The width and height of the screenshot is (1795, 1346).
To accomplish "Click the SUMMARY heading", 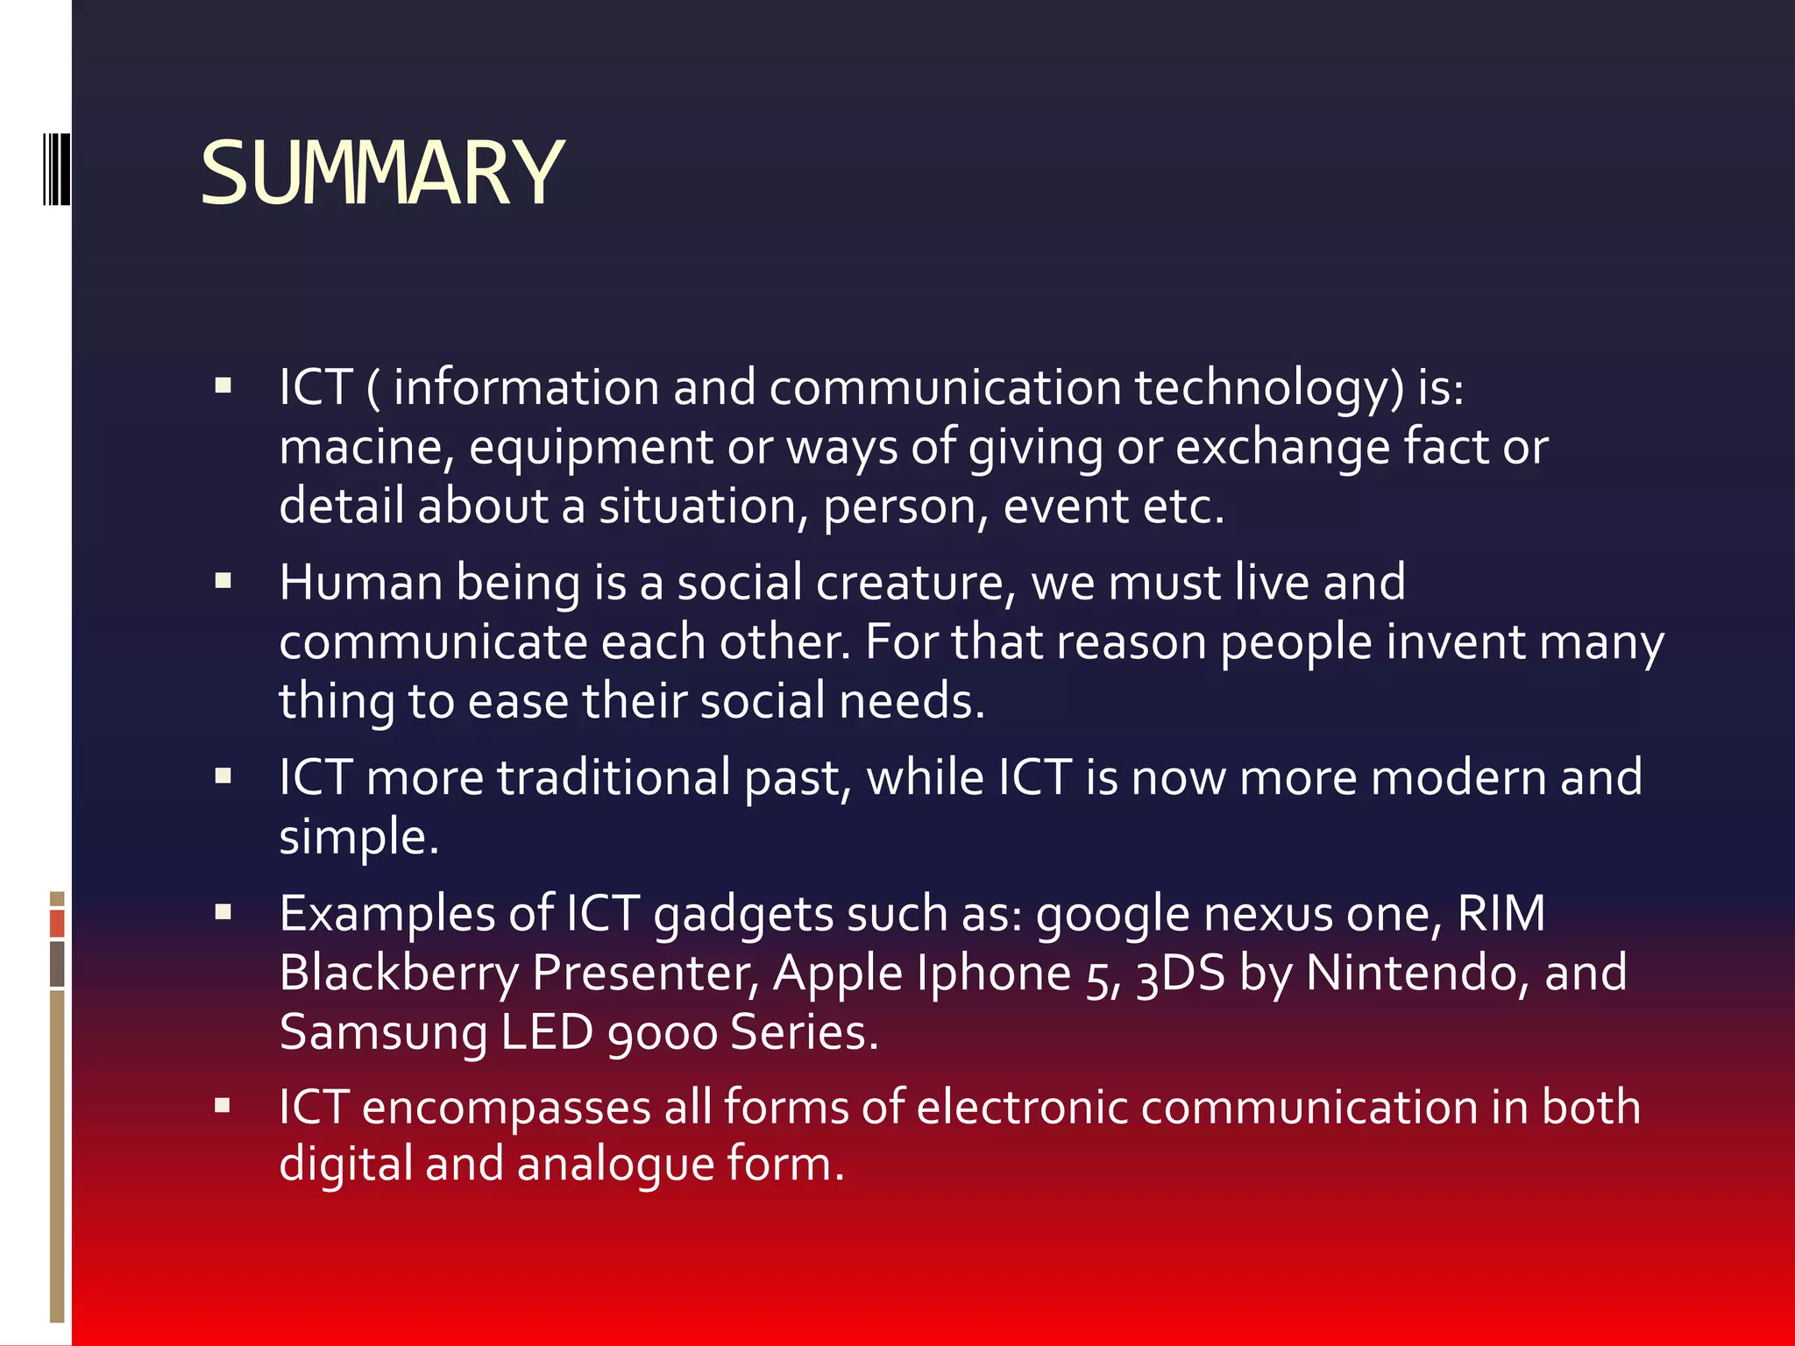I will coord(381,174).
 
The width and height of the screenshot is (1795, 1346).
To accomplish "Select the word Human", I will coord(360,583).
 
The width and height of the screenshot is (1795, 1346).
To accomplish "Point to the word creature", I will coord(915,583).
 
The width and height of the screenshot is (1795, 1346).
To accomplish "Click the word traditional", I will coord(614,778).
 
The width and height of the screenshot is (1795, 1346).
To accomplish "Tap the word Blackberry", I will coord(399,974).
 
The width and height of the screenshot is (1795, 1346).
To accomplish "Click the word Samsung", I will coord(383,1033).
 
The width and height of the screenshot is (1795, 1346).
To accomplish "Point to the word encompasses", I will coord(506,1108).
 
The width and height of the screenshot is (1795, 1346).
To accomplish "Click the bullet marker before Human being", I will coord(223,580).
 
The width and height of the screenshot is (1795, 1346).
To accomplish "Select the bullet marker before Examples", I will coord(223,911).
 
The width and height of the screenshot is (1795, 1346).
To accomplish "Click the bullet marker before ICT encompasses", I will coord(223,1106).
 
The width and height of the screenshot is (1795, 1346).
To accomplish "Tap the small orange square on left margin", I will coord(57,924).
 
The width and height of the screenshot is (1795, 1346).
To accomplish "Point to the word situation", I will coord(698,507).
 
